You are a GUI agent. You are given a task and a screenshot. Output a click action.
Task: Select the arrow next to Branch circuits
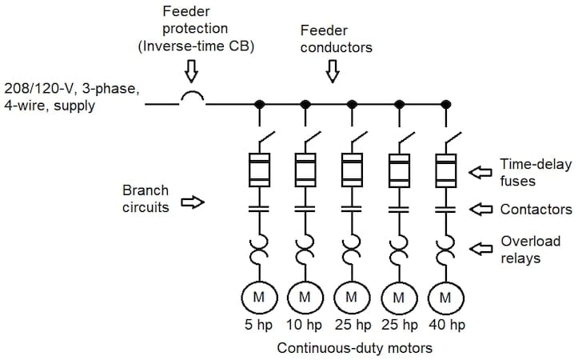click(x=193, y=203)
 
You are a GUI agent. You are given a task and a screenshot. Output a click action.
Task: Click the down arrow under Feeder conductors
click(x=332, y=74)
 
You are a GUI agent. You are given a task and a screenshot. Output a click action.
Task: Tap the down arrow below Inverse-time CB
click(x=189, y=74)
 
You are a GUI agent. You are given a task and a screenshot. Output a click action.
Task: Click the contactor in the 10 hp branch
click(x=305, y=210)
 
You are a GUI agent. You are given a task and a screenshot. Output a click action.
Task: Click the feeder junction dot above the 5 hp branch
click(x=259, y=104)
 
